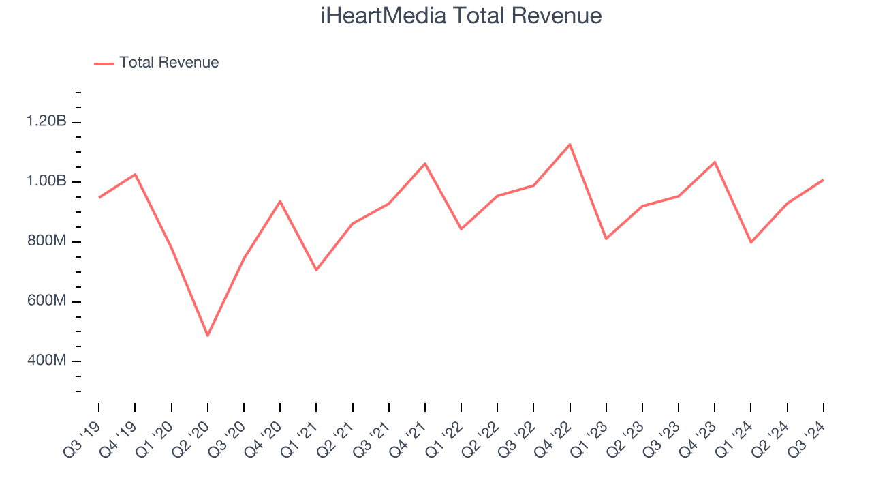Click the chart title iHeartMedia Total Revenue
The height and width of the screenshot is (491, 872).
[461, 16]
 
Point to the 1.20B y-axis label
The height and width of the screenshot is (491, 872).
[46, 122]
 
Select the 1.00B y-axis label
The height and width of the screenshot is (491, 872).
[46, 182]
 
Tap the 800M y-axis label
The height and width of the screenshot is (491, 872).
[46, 242]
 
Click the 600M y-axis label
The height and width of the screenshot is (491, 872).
[46, 301]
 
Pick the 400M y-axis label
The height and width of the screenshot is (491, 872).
[46, 361]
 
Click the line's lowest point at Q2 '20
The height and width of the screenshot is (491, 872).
[208, 336]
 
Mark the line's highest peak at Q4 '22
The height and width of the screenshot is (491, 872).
[570, 145]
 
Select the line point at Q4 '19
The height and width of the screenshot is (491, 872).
[135, 175]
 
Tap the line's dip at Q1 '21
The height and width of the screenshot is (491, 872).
[316, 270]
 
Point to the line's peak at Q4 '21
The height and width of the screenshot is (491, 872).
[425, 164]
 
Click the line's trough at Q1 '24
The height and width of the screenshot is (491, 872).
[751, 242]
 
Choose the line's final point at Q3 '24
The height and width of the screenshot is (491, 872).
[823, 180]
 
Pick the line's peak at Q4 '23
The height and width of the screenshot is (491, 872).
[715, 162]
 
